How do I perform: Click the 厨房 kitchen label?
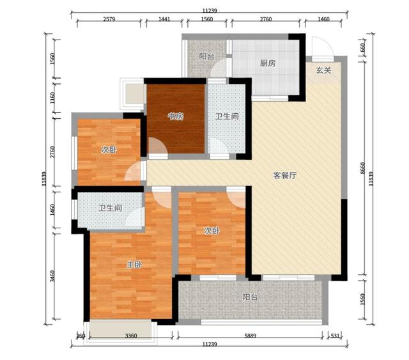[267, 63]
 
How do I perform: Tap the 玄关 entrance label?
[324, 70]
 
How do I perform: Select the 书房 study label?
[175, 116]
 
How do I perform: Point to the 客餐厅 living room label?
[284, 175]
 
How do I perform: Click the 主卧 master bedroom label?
[134, 265]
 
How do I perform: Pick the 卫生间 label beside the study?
[227, 116]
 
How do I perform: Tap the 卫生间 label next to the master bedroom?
[111, 208]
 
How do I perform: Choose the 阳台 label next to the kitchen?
[206, 56]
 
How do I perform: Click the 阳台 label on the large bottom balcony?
[250, 297]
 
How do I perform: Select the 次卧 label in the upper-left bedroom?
[109, 150]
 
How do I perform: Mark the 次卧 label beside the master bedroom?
[212, 231]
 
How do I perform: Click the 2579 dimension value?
[109, 19]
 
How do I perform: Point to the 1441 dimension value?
[164, 19]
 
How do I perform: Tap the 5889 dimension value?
[251, 336]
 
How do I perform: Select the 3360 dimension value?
[131, 336]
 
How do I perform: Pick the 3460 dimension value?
[52, 276]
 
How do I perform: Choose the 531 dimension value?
[335, 336]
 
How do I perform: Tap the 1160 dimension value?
[52, 98]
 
